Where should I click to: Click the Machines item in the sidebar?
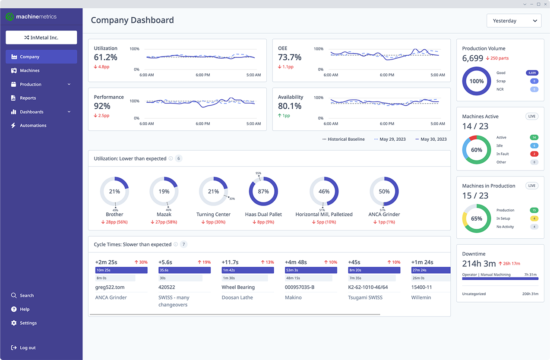pos(29,70)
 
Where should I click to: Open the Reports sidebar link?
pos(28,98)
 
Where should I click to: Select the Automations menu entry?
pos(33,126)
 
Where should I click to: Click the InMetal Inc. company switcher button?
pos(41,38)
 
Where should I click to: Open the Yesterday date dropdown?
pos(514,21)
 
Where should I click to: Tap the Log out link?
pos(28,348)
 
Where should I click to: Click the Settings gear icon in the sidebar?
pos(14,323)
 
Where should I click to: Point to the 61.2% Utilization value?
pos(105,57)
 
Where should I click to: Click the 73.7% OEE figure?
pos(290,57)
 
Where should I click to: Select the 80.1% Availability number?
pos(290,106)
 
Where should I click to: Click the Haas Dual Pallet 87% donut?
pos(263,191)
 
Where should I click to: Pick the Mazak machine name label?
pos(164,215)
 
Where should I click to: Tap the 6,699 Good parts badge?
pos(532,73)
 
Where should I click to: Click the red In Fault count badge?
pos(534,154)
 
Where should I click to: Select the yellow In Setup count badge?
pos(534,218)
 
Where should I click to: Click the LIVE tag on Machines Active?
pos(532,117)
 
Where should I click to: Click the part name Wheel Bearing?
pos(238,287)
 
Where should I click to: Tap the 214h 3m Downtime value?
pos(479,264)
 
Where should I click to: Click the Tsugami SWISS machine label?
pos(365,297)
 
